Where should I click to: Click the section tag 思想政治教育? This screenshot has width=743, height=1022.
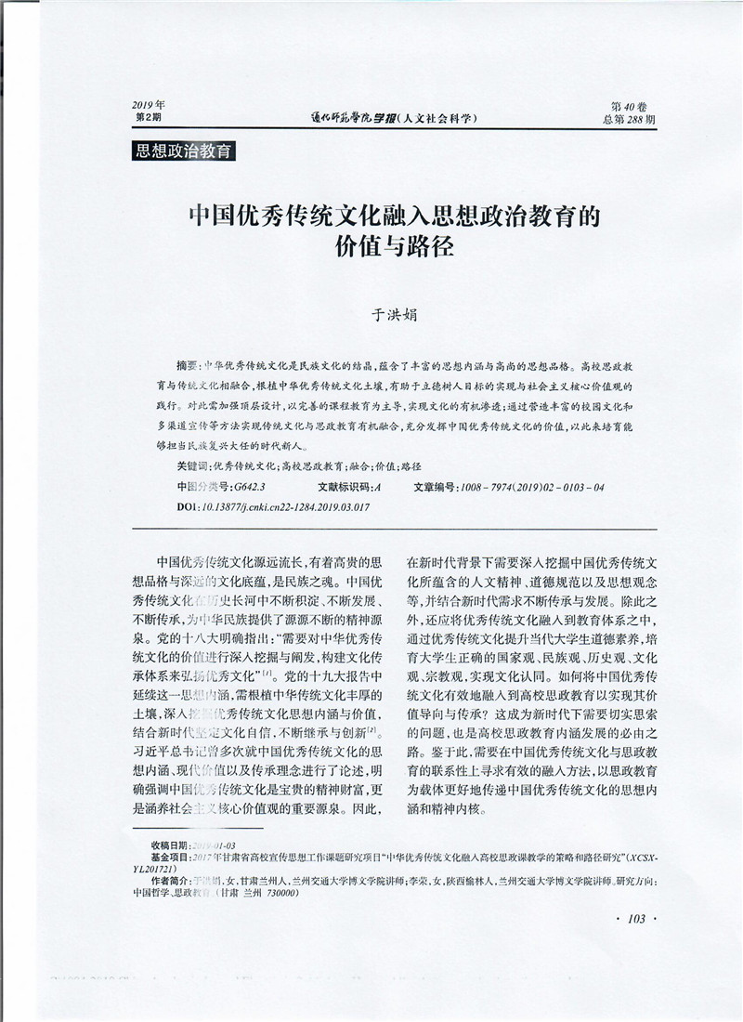point(184,151)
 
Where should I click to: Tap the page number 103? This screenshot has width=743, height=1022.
point(636,919)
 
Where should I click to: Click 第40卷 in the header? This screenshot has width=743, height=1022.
point(628,106)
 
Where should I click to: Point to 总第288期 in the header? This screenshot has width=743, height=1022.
point(629,120)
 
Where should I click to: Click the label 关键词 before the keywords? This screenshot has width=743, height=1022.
point(192,467)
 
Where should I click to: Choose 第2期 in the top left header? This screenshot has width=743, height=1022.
point(149,119)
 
